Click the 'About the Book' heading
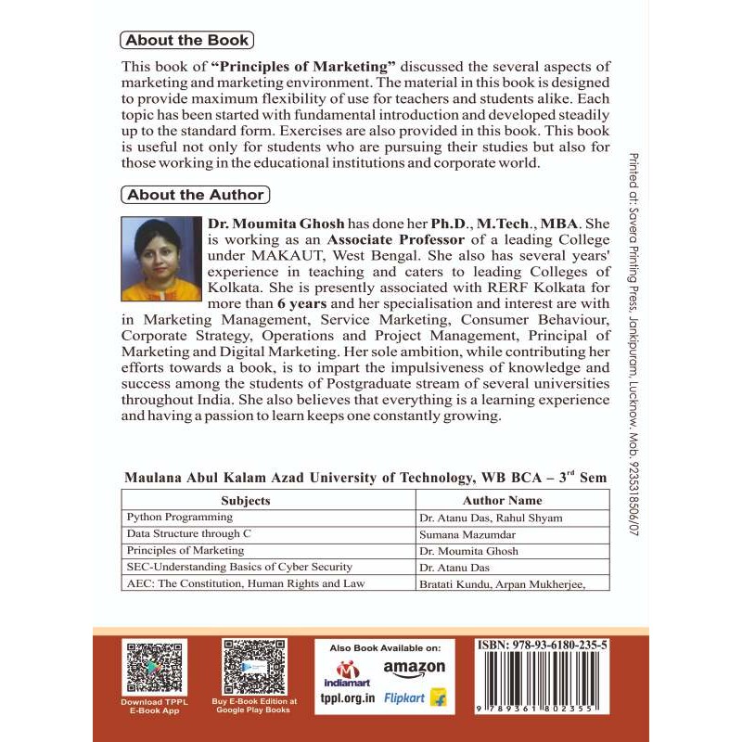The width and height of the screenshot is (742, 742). (x=186, y=40)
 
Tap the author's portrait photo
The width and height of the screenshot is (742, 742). (x=160, y=260)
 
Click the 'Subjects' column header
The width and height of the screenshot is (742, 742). (x=246, y=500)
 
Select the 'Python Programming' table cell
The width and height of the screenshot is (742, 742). (x=180, y=518)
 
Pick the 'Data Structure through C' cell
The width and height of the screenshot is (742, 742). (x=189, y=534)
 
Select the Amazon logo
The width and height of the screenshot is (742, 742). (x=414, y=668)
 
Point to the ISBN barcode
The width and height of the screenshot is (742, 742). (x=542, y=686)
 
